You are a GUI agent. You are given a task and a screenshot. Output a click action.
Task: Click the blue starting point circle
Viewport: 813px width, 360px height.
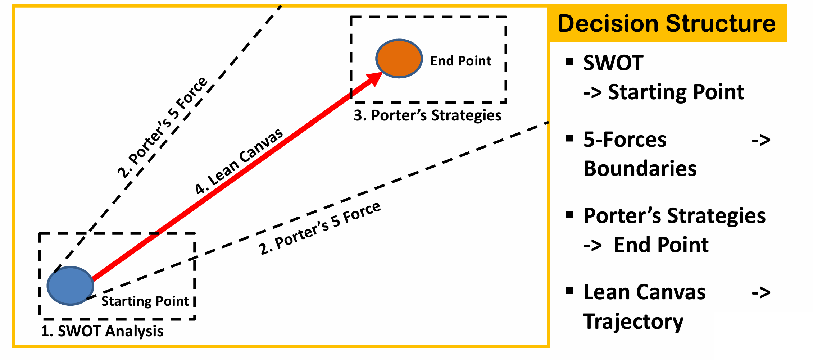tap(71, 286)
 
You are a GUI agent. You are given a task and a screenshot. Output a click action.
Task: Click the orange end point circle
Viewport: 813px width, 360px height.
tap(399, 59)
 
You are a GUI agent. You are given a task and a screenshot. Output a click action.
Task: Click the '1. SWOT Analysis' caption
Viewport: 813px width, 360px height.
tap(102, 331)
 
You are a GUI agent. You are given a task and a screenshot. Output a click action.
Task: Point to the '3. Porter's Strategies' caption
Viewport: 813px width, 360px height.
tap(427, 115)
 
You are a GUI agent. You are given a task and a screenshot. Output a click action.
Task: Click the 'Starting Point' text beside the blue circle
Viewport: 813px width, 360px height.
tap(145, 301)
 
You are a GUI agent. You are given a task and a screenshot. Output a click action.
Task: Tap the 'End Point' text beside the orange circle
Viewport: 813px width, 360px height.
tap(460, 61)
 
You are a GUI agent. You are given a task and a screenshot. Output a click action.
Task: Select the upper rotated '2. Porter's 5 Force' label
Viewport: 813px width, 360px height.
tap(163, 127)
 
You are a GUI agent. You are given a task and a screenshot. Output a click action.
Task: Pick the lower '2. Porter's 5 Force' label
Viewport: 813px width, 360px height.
tap(319, 228)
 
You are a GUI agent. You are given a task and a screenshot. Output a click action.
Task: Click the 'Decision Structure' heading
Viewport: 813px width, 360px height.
tap(666, 24)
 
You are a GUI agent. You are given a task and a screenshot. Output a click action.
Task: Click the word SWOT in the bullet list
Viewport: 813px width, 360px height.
tap(613, 63)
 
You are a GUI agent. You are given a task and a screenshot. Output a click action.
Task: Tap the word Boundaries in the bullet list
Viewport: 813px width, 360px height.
tap(640, 168)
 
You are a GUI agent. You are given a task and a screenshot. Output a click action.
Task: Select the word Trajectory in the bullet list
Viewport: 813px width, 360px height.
tap(633, 321)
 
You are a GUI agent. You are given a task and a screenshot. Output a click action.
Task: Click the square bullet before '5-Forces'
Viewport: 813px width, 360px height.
tap(569, 138)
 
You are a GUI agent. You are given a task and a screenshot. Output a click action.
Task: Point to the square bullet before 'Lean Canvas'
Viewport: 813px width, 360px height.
tap(569, 291)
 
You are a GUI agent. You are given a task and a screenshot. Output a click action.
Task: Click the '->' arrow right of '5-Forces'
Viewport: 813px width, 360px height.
tap(761, 140)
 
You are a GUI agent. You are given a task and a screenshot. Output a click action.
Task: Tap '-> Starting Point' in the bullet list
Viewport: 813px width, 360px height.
tap(664, 92)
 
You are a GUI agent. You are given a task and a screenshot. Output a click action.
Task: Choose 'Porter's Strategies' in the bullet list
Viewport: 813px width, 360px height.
tap(675, 216)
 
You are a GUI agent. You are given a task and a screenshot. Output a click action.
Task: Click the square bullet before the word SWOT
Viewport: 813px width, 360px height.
tap(569, 62)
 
